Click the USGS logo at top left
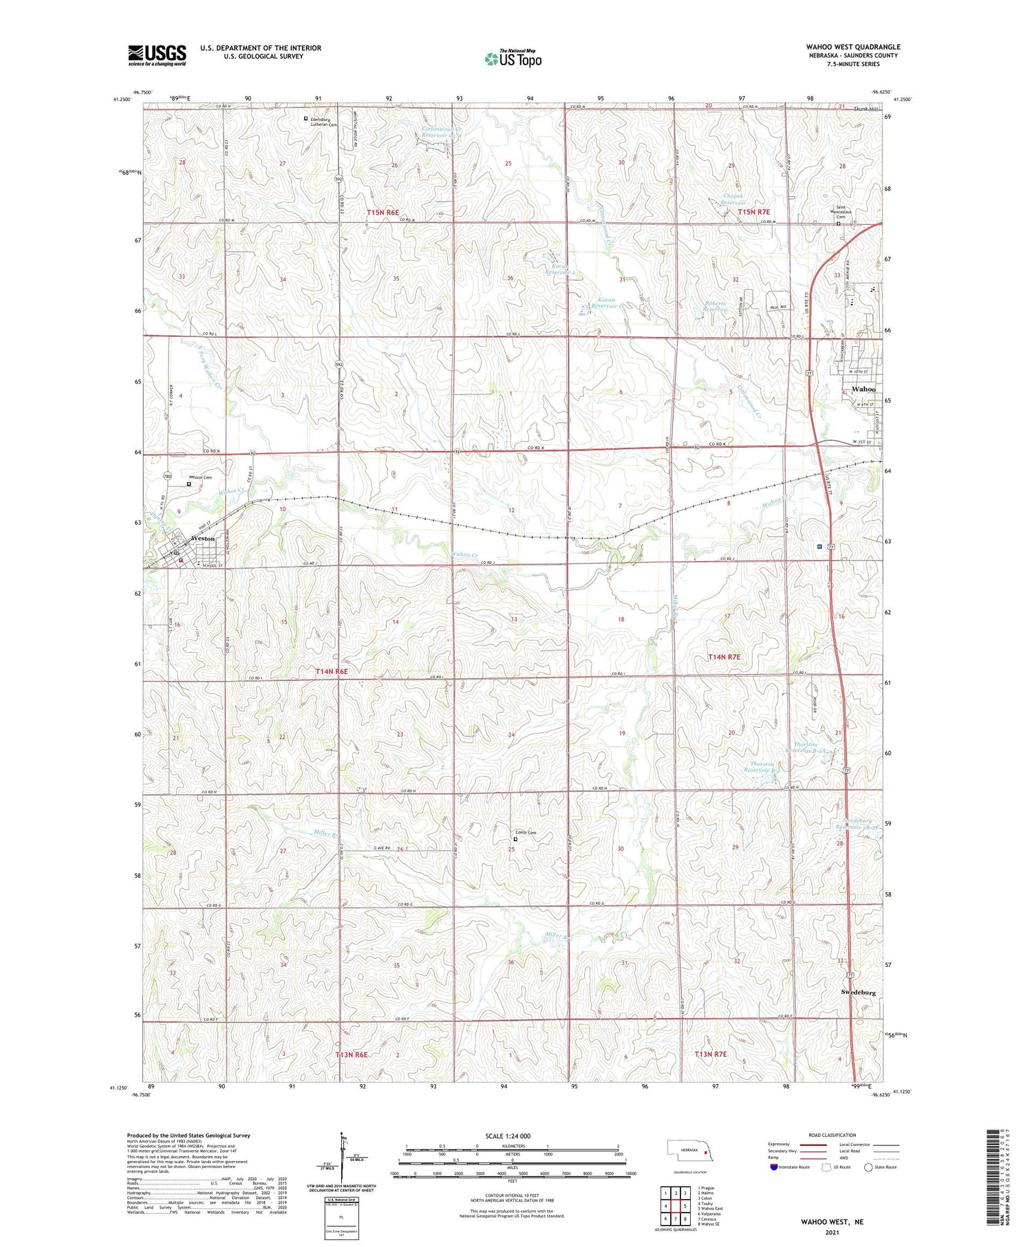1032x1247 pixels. (x=157, y=55)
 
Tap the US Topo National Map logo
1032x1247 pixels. (x=513, y=58)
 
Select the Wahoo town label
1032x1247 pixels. (x=863, y=389)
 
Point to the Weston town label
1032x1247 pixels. (x=203, y=539)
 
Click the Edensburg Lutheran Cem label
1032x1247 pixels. (x=324, y=122)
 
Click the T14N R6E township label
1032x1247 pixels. (x=332, y=671)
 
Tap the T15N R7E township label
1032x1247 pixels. (x=753, y=213)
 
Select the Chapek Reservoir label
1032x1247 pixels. (x=733, y=199)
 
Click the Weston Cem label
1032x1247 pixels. (x=202, y=477)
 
